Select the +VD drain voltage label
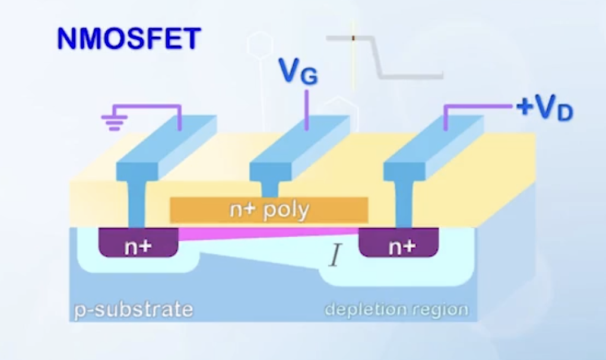tap(544, 109)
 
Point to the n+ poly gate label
tap(269, 209)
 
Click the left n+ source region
tap(137, 243)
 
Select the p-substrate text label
tap(133, 309)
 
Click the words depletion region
tap(396, 309)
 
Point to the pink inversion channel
tap(267, 234)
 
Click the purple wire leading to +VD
tap(475, 107)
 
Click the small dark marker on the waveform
tap(353, 38)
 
